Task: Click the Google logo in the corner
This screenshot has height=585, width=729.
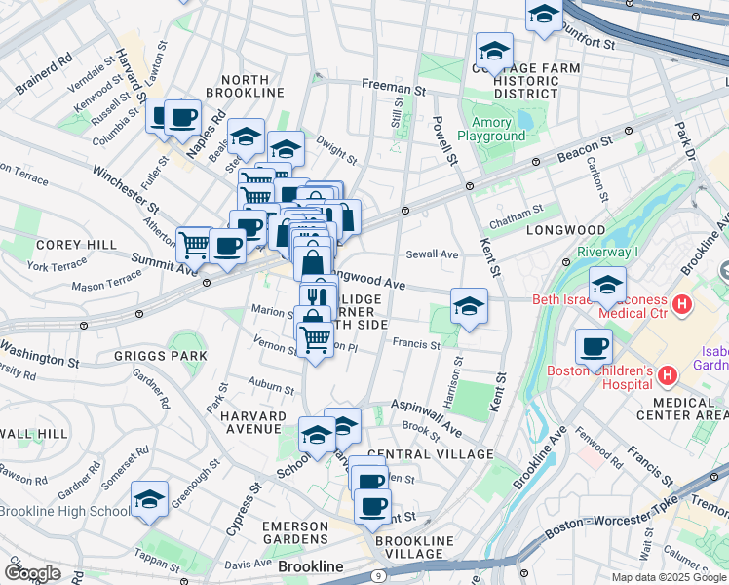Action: pos(31,573)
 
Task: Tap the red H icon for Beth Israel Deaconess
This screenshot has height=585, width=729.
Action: pos(682,305)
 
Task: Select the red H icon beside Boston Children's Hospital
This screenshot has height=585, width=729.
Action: pos(668,375)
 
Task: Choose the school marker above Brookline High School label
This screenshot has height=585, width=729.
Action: pos(149,499)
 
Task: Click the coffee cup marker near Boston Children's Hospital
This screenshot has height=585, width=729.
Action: pos(594,346)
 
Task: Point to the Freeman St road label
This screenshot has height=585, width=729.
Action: pos(394,86)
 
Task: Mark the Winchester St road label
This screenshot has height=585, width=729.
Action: pos(126,190)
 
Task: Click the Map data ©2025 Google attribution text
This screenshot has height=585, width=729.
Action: pos(669,577)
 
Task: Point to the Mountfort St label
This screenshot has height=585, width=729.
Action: pos(586,42)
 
